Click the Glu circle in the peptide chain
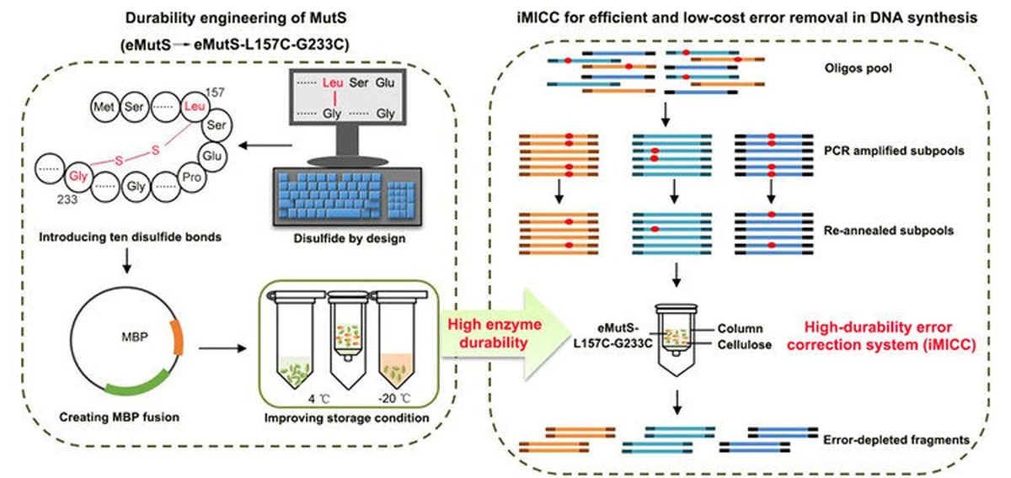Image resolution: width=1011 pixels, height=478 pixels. click(212, 157)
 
